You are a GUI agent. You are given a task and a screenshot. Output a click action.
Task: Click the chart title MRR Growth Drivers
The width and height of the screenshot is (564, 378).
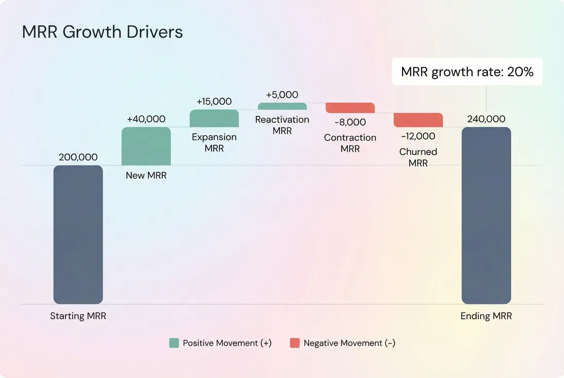pyautogui.click(x=102, y=32)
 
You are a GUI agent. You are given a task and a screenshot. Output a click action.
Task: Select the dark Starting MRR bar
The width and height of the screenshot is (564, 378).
pyautogui.click(x=78, y=235)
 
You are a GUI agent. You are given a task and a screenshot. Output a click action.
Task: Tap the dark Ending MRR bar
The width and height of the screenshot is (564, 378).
pyautogui.click(x=486, y=215)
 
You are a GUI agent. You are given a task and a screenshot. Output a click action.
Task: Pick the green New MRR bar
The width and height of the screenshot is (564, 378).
pyautogui.click(x=146, y=146)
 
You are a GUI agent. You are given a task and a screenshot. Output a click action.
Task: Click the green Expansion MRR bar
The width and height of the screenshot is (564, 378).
pyautogui.click(x=214, y=118)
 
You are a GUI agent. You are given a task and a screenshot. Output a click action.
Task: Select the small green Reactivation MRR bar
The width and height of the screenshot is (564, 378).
pyautogui.click(x=282, y=106)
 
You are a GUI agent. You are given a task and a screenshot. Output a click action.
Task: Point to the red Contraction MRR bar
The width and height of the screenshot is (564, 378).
pyautogui.click(x=350, y=107)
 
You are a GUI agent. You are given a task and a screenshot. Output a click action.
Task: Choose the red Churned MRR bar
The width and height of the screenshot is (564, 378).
pyautogui.click(x=418, y=120)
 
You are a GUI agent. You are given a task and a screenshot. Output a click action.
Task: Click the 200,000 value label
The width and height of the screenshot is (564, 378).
pyautogui.click(x=78, y=157)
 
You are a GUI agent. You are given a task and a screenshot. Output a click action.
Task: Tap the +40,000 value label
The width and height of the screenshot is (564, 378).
pyautogui.click(x=146, y=119)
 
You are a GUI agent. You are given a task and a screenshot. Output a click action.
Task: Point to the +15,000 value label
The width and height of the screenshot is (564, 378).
pyautogui.click(x=214, y=101)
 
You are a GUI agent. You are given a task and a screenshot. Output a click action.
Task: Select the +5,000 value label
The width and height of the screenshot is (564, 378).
pyautogui.click(x=282, y=95)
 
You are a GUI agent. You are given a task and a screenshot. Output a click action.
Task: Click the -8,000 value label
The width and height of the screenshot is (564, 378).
pyautogui.click(x=350, y=122)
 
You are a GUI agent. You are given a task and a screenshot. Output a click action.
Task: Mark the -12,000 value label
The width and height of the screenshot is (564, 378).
pyautogui.click(x=418, y=136)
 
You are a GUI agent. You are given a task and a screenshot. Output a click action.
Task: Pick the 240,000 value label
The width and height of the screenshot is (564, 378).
pyautogui.click(x=486, y=119)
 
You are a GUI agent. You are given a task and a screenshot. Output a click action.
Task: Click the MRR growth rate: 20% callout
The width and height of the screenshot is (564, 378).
pyautogui.click(x=467, y=71)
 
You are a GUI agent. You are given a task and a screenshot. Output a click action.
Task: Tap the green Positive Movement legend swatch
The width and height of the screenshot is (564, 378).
pyautogui.click(x=174, y=343)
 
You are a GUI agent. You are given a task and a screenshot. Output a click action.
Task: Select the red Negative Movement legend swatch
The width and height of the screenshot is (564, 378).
pyautogui.click(x=294, y=343)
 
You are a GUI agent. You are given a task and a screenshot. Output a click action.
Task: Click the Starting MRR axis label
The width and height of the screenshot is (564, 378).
pyautogui.click(x=78, y=316)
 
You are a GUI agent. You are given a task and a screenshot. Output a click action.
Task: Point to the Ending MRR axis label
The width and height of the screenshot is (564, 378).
pyautogui.click(x=486, y=316)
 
